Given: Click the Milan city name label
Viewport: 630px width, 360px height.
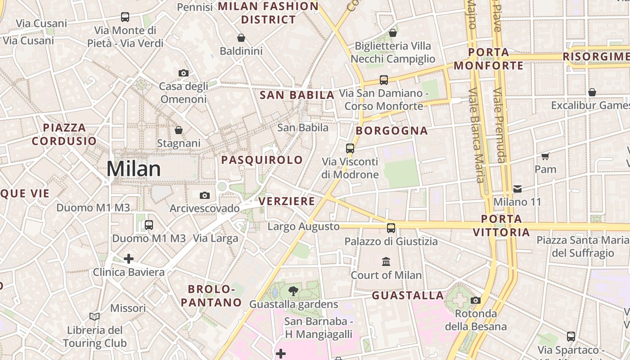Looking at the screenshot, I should click(x=134, y=169).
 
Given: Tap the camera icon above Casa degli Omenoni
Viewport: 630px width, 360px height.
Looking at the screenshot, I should click(x=183, y=73).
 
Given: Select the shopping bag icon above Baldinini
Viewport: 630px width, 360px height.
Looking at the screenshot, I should click(x=241, y=38).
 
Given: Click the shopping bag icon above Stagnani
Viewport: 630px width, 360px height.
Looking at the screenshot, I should click(x=179, y=130).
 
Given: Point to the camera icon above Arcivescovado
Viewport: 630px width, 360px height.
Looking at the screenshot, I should click(x=205, y=195).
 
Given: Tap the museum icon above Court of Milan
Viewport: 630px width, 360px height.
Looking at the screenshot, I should click(x=386, y=261).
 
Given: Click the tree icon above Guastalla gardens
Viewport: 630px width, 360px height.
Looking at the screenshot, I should click(x=293, y=291).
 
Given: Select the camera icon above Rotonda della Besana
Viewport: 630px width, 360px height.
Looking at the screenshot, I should click(x=475, y=300).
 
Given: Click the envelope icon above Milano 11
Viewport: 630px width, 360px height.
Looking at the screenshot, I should click(x=517, y=189).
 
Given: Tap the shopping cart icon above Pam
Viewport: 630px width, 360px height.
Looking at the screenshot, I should click(x=545, y=156).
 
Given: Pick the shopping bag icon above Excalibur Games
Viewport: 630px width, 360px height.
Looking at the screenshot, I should click(x=592, y=92).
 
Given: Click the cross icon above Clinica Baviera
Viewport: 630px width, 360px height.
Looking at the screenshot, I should click(x=129, y=259).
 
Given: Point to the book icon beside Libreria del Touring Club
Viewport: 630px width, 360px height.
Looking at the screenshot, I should click(x=94, y=317).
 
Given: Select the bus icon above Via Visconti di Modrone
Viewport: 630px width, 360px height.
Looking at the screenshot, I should click(x=350, y=148).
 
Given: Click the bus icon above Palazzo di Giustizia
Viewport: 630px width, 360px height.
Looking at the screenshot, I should click(x=391, y=228).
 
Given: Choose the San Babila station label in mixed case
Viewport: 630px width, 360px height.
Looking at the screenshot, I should click(x=303, y=128).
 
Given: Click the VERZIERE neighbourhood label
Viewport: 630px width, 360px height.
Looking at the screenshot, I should click(x=287, y=201).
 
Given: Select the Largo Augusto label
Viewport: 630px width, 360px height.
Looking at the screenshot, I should click(x=303, y=226).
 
